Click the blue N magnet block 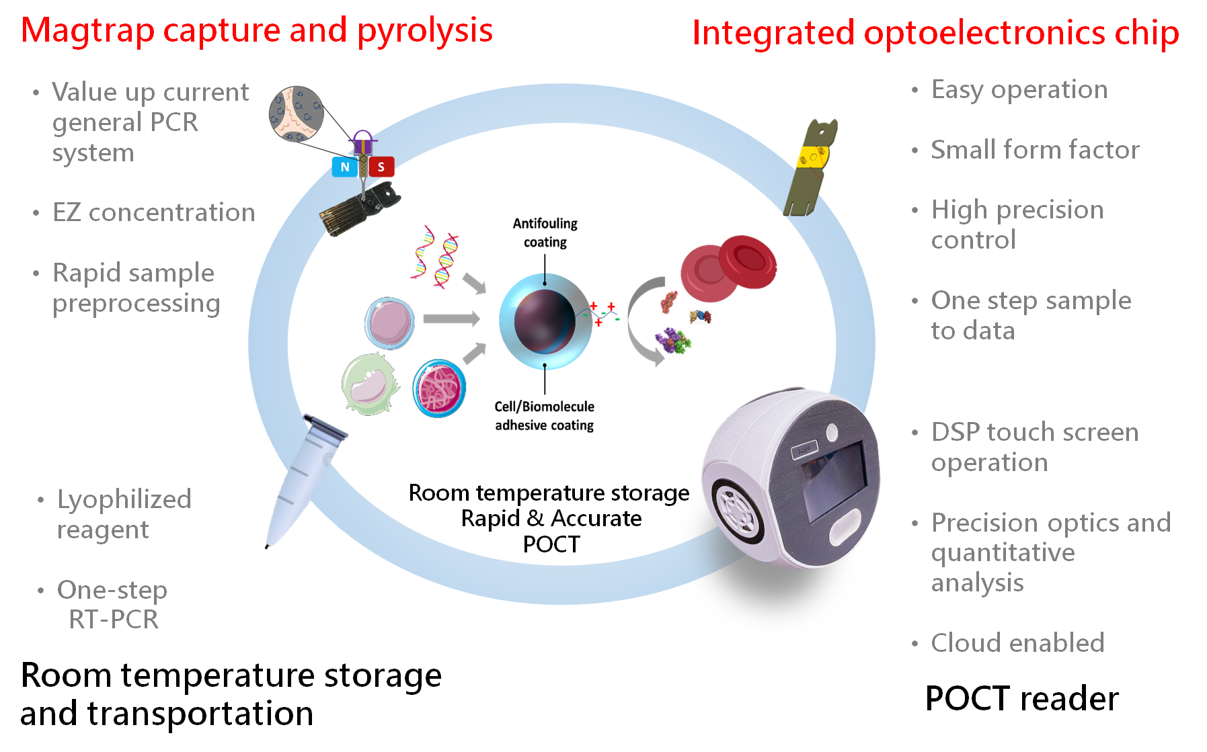(x=344, y=167)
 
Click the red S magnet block (x=381, y=167)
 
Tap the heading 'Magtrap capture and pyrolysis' (x=257, y=31)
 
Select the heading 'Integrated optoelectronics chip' (x=935, y=33)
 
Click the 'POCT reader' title (x=1021, y=699)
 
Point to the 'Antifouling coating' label (x=545, y=233)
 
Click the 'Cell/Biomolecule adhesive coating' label (x=545, y=416)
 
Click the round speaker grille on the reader (x=737, y=511)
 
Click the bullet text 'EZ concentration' (x=154, y=212)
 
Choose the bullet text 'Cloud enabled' (x=1017, y=643)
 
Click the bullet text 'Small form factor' (x=1035, y=150)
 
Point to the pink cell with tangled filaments (x=439, y=388)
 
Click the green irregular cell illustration (x=369, y=384)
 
